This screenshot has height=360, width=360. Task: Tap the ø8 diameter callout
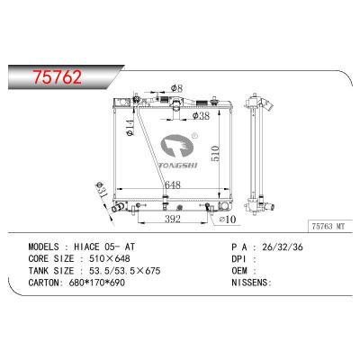pos(177,88)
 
